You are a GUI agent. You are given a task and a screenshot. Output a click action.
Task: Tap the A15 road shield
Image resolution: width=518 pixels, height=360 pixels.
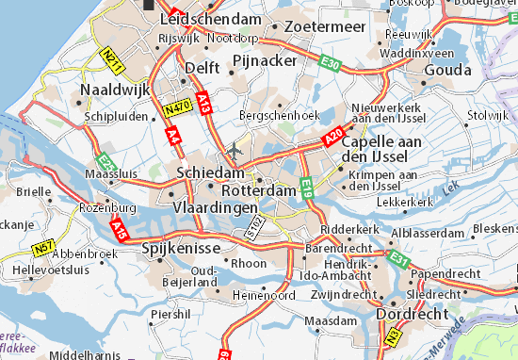pos(119,228)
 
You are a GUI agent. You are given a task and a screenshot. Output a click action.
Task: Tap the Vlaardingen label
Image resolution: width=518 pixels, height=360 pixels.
pos(216,206)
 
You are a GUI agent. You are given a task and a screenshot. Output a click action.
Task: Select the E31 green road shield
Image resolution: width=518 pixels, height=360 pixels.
pos(398,257)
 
